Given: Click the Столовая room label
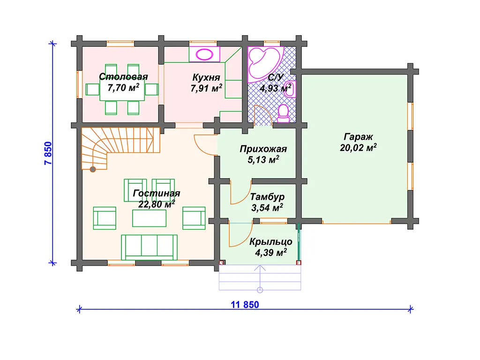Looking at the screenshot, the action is coord(123,76).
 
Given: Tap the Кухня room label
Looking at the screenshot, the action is coord(206,77).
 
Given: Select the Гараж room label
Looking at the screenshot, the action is coord(358,137).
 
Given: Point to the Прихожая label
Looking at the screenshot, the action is coord(263,149).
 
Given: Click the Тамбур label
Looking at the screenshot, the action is coord(267,197).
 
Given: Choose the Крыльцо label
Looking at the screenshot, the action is coord(270,242).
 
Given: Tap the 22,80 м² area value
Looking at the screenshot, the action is coord(157,204).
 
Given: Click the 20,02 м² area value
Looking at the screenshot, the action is coord(358,148).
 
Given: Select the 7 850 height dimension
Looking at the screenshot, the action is coord(48,153).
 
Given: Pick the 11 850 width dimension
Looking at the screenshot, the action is coord(245,305).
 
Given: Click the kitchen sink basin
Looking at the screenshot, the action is coord(204,55).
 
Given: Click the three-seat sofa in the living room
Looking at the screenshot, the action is coord(149,247).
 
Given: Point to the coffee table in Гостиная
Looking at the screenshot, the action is coord(149,218).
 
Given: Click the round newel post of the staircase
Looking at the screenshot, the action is coord(92,169).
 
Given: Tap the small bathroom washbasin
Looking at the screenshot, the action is coord(290,90).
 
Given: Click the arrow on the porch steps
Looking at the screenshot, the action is coord(260,278).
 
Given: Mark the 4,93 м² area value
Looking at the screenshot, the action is coord(276,89).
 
